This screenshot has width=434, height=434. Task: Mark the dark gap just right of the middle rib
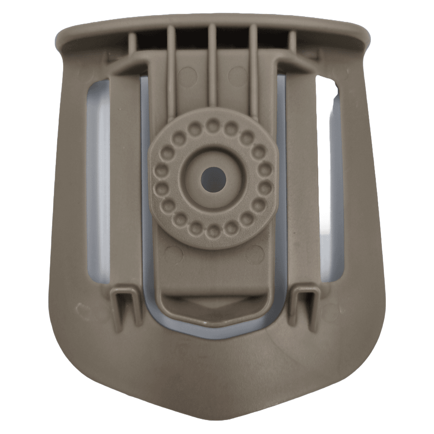(233, 38)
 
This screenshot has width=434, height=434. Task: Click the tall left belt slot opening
(98, 181)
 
